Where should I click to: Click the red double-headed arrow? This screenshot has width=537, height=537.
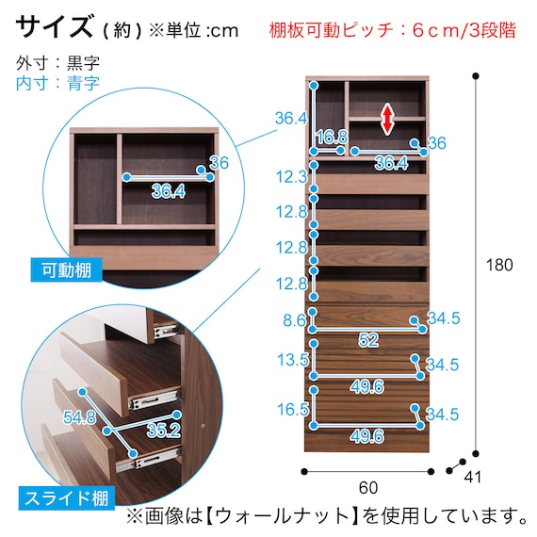387,120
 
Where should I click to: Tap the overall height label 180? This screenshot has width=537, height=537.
499,265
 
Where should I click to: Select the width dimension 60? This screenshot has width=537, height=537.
368,487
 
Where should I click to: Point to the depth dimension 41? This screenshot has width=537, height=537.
473,477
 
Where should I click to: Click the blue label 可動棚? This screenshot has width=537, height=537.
67,270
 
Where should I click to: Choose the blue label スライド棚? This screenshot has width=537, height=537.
67,498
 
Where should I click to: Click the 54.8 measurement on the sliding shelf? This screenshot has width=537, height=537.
79,417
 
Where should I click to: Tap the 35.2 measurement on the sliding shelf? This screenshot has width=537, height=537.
163,431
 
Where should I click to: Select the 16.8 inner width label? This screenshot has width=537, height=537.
332,137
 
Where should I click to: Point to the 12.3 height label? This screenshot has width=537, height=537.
292,177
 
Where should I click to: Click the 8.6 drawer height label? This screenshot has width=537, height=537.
294,320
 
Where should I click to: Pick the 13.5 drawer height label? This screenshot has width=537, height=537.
293,360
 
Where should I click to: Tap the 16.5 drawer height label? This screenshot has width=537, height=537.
293,410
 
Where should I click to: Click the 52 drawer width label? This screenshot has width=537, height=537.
368,340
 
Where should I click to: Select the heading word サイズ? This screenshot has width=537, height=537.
54,26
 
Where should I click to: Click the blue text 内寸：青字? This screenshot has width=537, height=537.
57,83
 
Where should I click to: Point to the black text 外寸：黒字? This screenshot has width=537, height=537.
57,63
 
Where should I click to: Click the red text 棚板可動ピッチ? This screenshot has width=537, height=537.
331,30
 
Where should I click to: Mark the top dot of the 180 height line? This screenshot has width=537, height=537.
476,76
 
